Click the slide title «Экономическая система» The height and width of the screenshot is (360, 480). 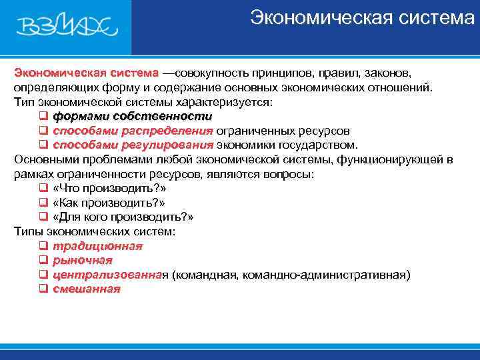click(362, 18)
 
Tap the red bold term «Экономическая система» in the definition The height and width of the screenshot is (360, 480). click(86, 72)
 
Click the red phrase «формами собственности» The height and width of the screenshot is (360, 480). click(132, 116)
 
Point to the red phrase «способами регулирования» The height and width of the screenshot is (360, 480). click(133, 145)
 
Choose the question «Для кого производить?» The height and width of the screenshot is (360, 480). click(123, 217)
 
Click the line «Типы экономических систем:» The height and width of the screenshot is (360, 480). click(95, 231)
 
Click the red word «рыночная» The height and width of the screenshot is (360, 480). click(83, 260)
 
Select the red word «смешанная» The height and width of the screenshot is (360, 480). click(87, 289)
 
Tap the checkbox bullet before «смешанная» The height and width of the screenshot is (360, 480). click(43, 289)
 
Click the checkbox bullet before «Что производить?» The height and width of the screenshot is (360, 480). click(43, 188)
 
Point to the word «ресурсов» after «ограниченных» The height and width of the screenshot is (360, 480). click(326, 131)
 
